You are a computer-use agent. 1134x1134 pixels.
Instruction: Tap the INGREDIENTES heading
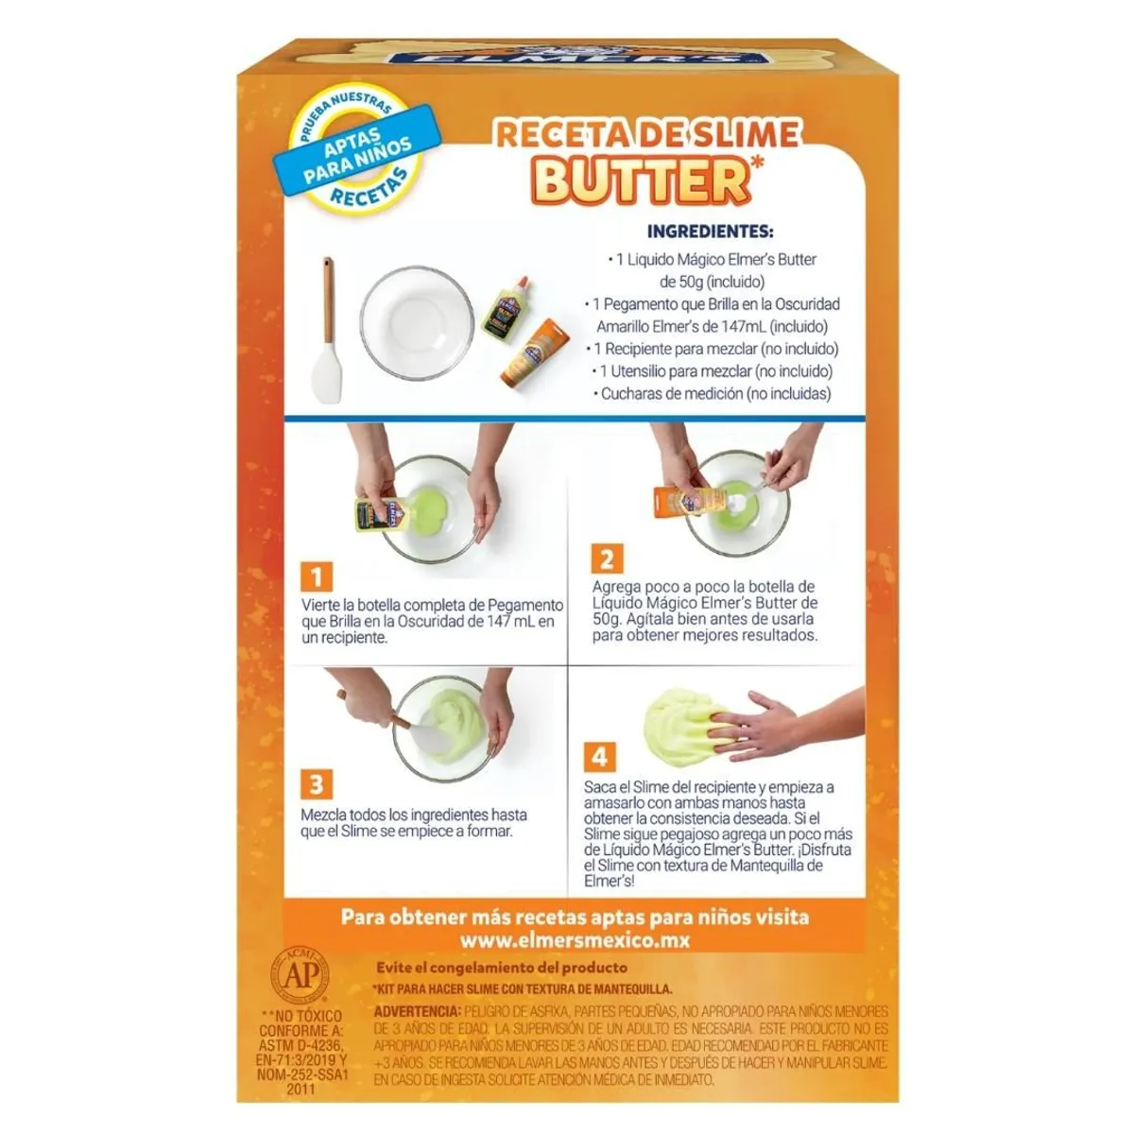(x=710, y=232)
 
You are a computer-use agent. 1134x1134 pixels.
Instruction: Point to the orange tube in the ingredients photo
(x=533, y=352)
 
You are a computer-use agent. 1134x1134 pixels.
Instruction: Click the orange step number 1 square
(x=317, y=576)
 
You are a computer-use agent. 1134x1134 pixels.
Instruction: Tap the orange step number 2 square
(x=607, y=558)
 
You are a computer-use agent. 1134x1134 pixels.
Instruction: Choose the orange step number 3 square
(x=317, y=784)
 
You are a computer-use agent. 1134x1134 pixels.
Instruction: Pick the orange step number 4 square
(x=599, y=756)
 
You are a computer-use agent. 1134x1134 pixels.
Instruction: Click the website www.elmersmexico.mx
(x=575, y=940)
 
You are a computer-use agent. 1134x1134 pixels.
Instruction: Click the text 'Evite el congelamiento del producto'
(x=501, y=968)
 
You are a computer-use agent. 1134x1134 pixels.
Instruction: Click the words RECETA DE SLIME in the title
(x=647, y=133)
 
